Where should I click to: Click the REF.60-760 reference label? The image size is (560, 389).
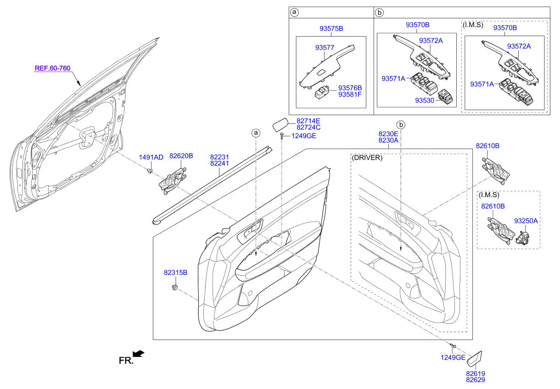52,68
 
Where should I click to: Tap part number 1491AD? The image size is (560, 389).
151,157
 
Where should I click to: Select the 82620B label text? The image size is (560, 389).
181,156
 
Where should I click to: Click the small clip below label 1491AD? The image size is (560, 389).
150,171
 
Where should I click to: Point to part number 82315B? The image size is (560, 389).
175,272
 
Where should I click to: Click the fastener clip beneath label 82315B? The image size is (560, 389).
174,287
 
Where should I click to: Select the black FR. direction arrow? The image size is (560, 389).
139,354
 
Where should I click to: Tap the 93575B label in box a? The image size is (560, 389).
331,28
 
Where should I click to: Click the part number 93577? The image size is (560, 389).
325,47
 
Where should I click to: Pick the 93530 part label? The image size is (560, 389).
425,100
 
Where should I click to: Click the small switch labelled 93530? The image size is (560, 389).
446,96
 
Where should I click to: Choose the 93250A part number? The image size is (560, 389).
526,221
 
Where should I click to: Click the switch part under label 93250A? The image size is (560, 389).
522,238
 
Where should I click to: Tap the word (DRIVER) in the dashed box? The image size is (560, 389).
367,158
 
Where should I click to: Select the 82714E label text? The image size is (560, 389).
308,121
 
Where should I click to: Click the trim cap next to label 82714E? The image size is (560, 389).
280,125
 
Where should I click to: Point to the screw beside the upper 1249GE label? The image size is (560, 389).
282,136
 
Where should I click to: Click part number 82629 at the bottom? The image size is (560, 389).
476,380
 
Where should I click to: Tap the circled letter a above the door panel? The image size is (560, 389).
256,133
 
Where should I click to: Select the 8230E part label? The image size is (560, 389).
388,134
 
